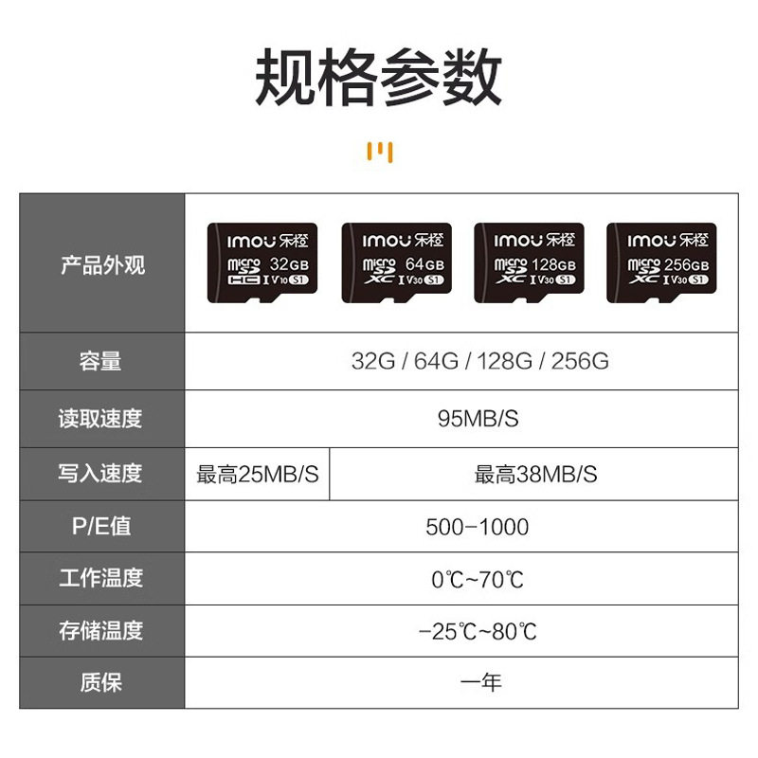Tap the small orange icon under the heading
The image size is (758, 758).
point(379,153)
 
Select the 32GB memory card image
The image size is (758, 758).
point(262,262)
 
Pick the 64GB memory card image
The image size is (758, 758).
point(395,262)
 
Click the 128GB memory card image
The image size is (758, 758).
point(528,262)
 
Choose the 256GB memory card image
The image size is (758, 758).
point(660,262)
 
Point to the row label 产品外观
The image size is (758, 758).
point(102,264)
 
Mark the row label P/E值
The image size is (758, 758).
point(101,527)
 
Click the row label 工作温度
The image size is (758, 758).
point(101,578)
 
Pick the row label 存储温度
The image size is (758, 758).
point(101,630)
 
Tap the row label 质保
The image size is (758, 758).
point(101,682)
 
